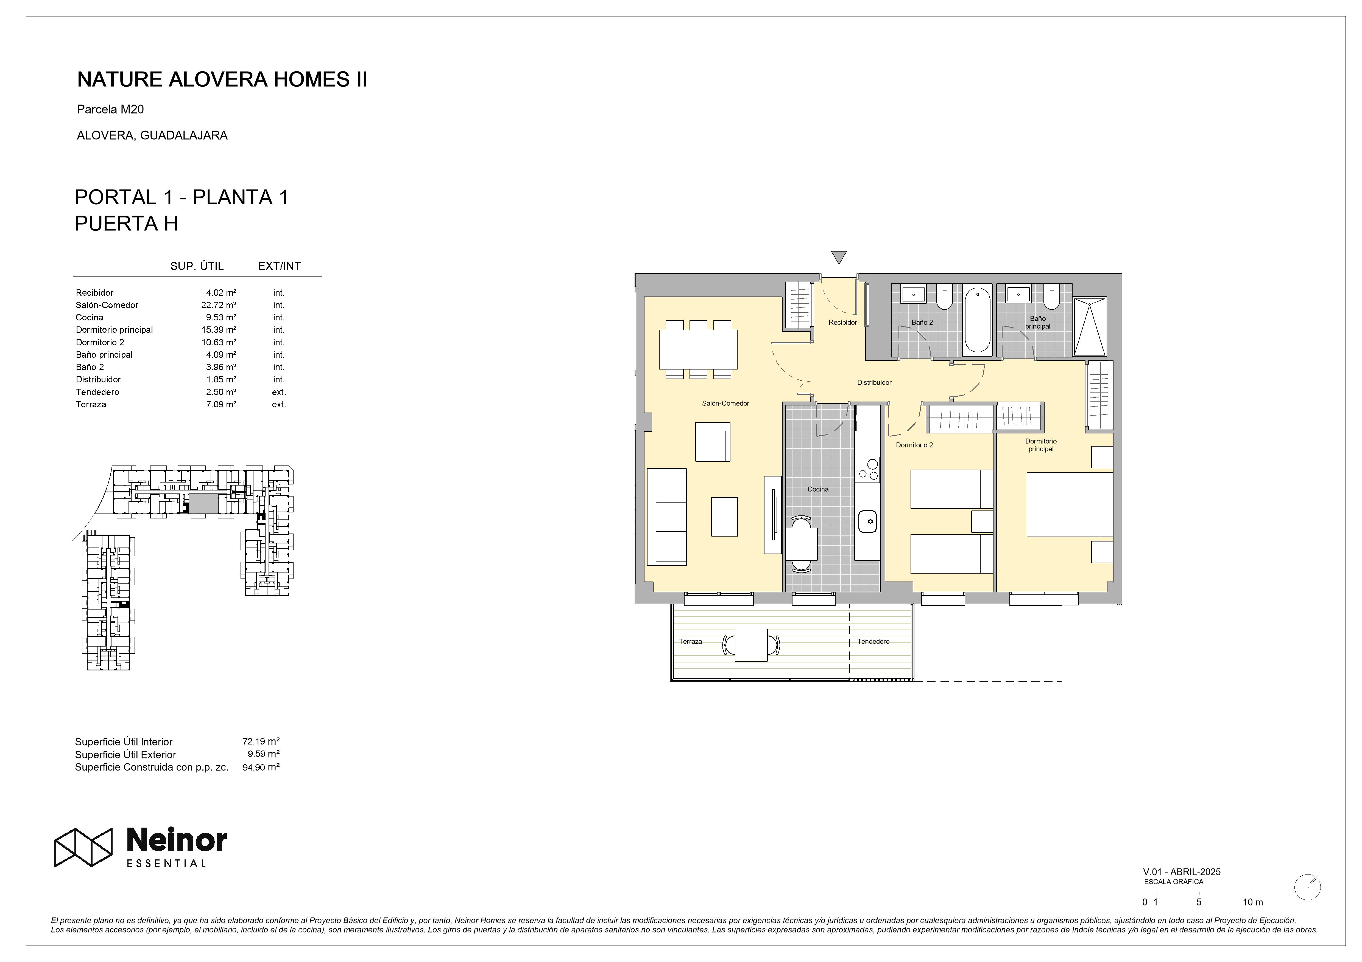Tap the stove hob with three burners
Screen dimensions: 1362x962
click(867, 470)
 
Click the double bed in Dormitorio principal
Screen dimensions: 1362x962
click(1070, 504)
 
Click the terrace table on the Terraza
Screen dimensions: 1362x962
click(751, 644)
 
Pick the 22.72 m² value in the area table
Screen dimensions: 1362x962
click(219, 305)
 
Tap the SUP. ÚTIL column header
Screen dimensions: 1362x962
click(197, 266)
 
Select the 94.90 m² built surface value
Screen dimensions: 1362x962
click(261, 767)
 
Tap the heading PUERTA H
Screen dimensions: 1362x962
click(126, 224)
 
